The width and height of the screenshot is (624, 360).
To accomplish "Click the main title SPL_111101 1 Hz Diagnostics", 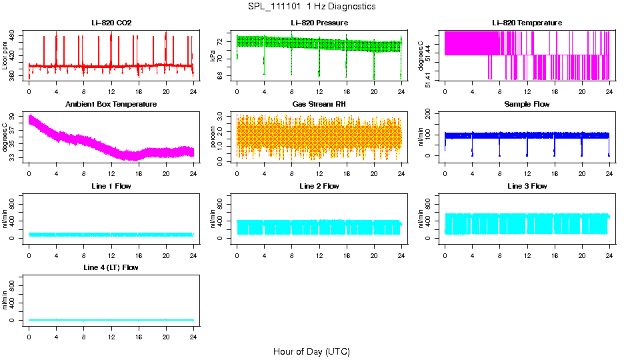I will [311, 7].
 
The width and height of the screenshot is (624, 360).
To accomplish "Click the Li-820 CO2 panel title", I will [111, 23].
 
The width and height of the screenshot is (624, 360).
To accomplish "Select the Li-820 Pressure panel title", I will [319, 23].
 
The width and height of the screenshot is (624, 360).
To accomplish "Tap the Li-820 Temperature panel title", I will [527, 23].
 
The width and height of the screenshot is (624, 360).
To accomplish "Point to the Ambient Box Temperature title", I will [111, 105].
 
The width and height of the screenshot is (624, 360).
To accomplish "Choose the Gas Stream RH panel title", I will [319, 105].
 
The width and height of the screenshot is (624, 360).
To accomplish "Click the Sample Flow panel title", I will [527, 105].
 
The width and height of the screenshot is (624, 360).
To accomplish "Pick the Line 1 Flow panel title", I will [111, 186].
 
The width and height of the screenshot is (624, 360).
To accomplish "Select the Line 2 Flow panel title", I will [319, 186].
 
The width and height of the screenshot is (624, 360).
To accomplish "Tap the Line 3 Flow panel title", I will [527, 186].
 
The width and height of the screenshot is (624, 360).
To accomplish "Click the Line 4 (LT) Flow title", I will [111, 267].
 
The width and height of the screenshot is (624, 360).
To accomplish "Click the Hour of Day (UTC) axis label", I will [311, 351].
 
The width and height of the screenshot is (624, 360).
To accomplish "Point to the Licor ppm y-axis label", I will [5, 56].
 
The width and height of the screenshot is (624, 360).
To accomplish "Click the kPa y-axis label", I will [213, 57].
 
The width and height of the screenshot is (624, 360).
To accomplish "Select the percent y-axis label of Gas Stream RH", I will [213, 137].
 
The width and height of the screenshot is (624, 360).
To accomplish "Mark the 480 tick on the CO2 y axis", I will [15, 34].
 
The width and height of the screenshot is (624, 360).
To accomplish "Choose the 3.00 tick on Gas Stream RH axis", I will [223, 115].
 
